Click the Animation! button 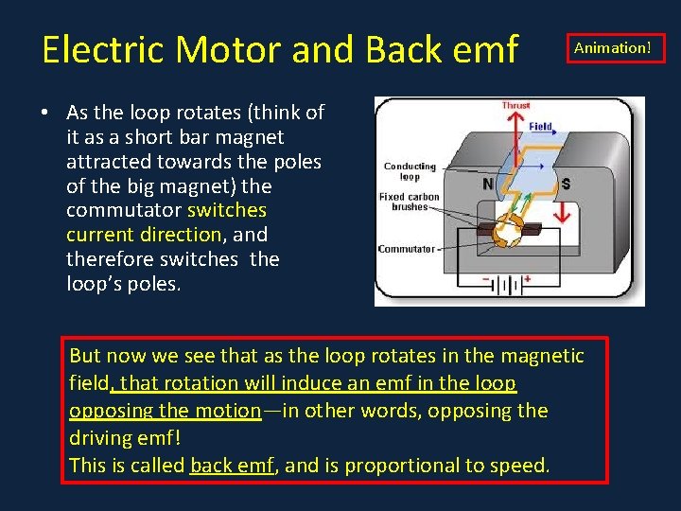[x=613, y=47]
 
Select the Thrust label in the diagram [x=515, y=106]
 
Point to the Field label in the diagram [x=541, y=126]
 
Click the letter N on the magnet [x=488, y=184]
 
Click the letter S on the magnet [x=566, y=184]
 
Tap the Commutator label [x=406, y=249]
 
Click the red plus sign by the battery [x=527, y=279]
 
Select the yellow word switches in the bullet [x=227, y=210]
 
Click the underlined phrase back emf [x=231, y=466]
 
